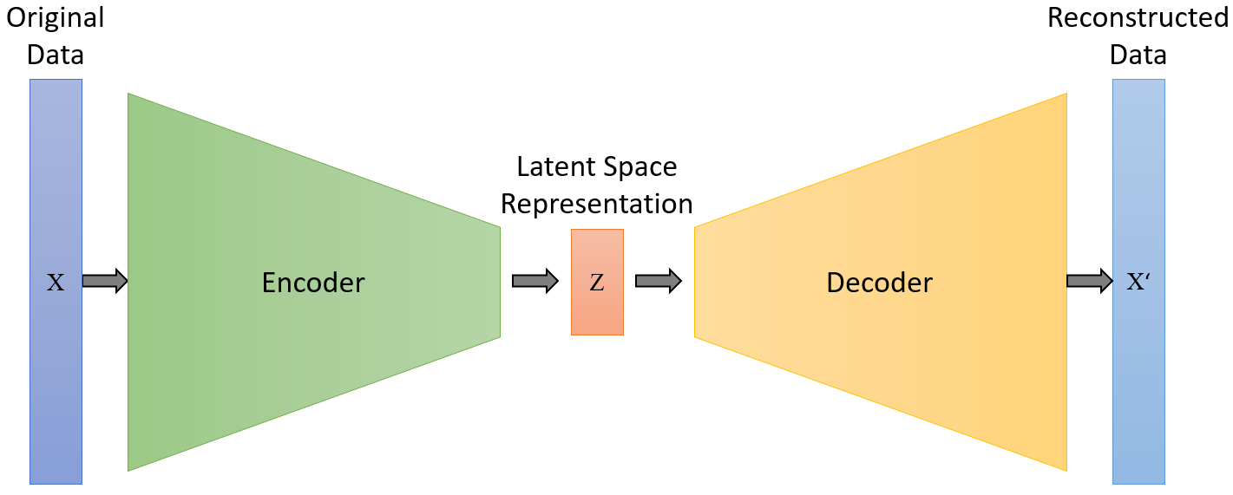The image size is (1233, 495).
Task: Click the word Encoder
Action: pyautogui.click(x=313, y=283)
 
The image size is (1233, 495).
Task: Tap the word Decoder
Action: pyautogui.click(x=879, y=283)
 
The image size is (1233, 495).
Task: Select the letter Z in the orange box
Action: pyautogui.click(x=597, y=283)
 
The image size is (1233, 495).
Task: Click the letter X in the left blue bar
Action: pyautogui.click(x=56, y=283)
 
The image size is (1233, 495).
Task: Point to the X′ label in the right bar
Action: pyautogui.click(x=1138, y=283)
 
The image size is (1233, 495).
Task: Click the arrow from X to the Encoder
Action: pyautogui.click(x=105, y=281)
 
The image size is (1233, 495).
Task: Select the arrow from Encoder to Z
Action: pyautogui.click(x=535, y=281)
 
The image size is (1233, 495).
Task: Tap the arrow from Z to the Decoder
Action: pyautogui.click(x=658, y=281)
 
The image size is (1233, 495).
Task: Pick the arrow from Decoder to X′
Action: pyautogui.click(x=1089, y=281)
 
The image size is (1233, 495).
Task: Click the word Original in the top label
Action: pyautogui.click(x=56, y=17)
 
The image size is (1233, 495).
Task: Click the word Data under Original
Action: pyautogui.click(x=56, y=55)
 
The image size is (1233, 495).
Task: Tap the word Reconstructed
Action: pyautogui.click(x=1138, y=17)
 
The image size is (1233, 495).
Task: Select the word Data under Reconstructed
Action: pyautogui.click(x=1138, y=55)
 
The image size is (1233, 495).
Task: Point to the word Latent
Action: pyautogui.click(x=554, y=166)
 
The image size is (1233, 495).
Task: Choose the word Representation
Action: pyautogui.click(x=597, y=204)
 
